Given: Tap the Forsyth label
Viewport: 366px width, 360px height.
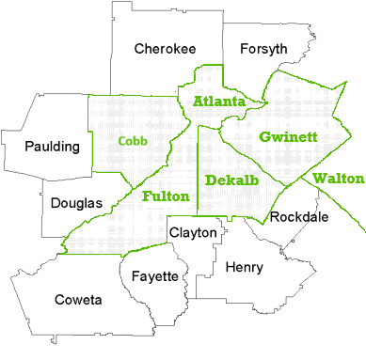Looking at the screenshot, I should click(x=263, y=49).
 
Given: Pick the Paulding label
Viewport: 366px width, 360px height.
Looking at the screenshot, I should click(x=53, y=147).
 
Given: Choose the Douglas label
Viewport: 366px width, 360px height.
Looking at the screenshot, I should click(x=77, y=202).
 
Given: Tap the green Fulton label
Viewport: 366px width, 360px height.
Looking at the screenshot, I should click(x=166, y=197).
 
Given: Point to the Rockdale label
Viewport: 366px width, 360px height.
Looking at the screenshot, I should click(x=298, y=217).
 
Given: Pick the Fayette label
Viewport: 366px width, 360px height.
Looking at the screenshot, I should click(x=154, y=276).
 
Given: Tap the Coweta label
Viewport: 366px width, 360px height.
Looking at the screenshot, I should click(x=78, y=300).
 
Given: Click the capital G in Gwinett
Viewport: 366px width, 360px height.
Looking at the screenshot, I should click(x=264, y=137).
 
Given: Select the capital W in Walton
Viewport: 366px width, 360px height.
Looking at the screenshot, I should click(x=318, y=178).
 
